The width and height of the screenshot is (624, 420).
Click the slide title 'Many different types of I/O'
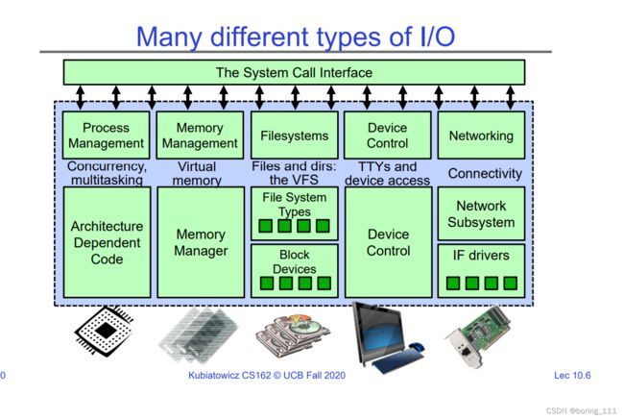[x=296, y=37]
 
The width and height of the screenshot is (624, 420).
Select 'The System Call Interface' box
[x=294, y=72]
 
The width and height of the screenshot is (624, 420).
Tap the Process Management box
[x=106, y=136]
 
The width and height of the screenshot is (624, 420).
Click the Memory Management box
[x=200, y=136]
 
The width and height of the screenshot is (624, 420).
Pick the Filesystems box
[x=295, y=136]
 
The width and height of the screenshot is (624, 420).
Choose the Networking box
[x=481, y=136]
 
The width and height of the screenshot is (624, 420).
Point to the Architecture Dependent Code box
[x=108, y=242]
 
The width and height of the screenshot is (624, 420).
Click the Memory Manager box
[x=201, y=242]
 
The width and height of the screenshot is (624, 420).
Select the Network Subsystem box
[x=481, y=213]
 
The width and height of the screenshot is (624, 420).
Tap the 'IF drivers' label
[x=481, y=255]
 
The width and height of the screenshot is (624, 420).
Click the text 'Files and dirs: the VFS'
[x=294, y=173]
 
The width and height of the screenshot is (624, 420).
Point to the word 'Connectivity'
[x=485, y=174]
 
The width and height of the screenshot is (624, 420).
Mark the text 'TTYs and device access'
[x=387, y=173]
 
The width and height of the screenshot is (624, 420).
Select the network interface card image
[x=477, y=336]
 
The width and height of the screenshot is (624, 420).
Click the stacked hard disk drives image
[x=293, y=334]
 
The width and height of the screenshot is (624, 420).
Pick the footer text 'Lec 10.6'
[x=572, y=376]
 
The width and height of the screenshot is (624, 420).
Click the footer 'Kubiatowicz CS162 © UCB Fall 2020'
[x=267, y=376]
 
